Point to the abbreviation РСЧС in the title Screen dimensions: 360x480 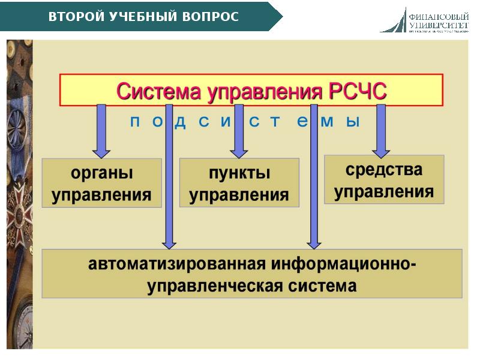click(x=358, y=91)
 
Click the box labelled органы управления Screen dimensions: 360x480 click(x=101, y=183)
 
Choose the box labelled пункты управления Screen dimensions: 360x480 click(x=239, y=183)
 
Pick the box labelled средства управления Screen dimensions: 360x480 click(x=384, y=179)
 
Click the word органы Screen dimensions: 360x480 click(x=101, y=173)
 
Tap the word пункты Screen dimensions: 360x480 click(x=239, y=173)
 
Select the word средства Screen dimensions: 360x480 click(x=384, y=170)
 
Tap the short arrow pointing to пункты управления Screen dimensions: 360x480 click(x=239, y=129)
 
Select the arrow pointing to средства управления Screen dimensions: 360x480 click(x=380, y=129)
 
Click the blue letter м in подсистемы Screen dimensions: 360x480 click(x=327, y=122)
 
